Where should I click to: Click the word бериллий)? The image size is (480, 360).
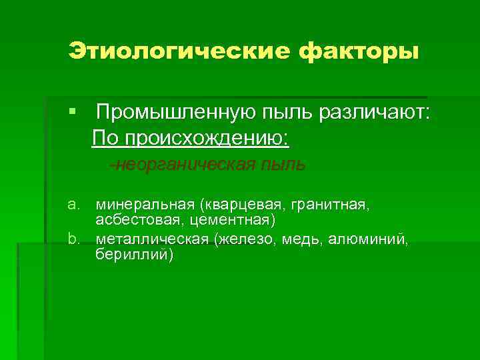pos(134,255)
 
